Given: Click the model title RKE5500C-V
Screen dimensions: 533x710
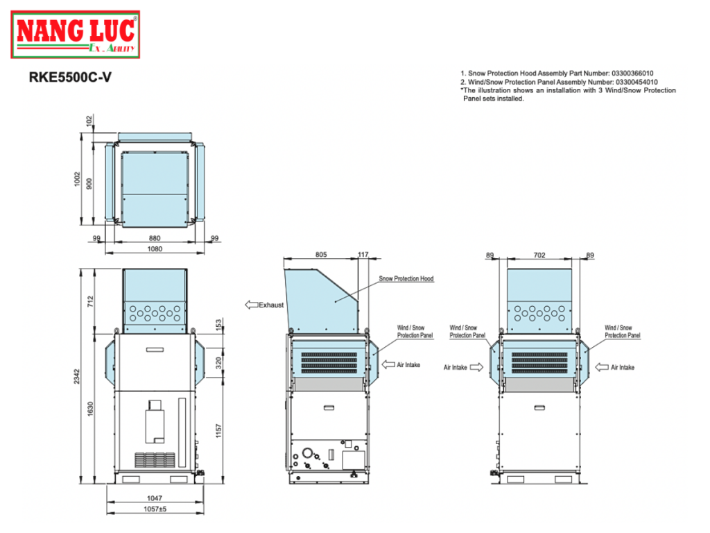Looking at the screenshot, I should point(69,78).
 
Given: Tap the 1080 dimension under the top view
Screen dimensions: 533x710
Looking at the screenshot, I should point(155,248).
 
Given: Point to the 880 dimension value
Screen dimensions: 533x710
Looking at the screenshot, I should point(155,238).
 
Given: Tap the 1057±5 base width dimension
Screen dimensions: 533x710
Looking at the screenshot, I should point(155,508).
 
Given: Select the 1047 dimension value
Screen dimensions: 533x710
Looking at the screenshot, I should point(155,498).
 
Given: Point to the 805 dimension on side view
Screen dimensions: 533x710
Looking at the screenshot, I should point(320,255).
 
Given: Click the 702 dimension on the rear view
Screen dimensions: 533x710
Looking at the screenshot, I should point(539,255).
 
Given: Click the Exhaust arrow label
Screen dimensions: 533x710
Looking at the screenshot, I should point(264,305).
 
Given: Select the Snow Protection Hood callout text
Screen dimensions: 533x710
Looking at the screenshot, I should point(406,279).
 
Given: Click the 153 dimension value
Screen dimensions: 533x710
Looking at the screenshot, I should point(219,324).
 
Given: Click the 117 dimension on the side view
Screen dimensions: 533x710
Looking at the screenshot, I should point(363,255).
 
